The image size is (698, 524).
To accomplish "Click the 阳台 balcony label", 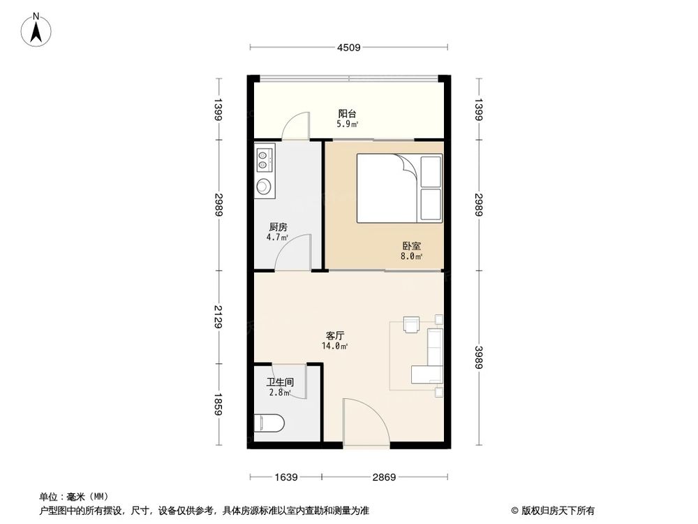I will point(348,114).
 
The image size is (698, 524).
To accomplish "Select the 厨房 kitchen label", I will point(278,228).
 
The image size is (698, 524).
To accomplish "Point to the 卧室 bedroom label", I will point(412,247).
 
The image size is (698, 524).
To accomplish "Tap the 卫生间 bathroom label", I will point(279,383).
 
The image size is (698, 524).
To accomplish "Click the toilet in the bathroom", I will point(269,423).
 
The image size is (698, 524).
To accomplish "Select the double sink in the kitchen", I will point(264,159).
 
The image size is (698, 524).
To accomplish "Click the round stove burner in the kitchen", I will point(264,186).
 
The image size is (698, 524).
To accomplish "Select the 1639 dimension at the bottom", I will point(286,478).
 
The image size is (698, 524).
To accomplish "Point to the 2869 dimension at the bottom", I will point(383,478).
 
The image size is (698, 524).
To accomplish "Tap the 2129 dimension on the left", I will point(218,318).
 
